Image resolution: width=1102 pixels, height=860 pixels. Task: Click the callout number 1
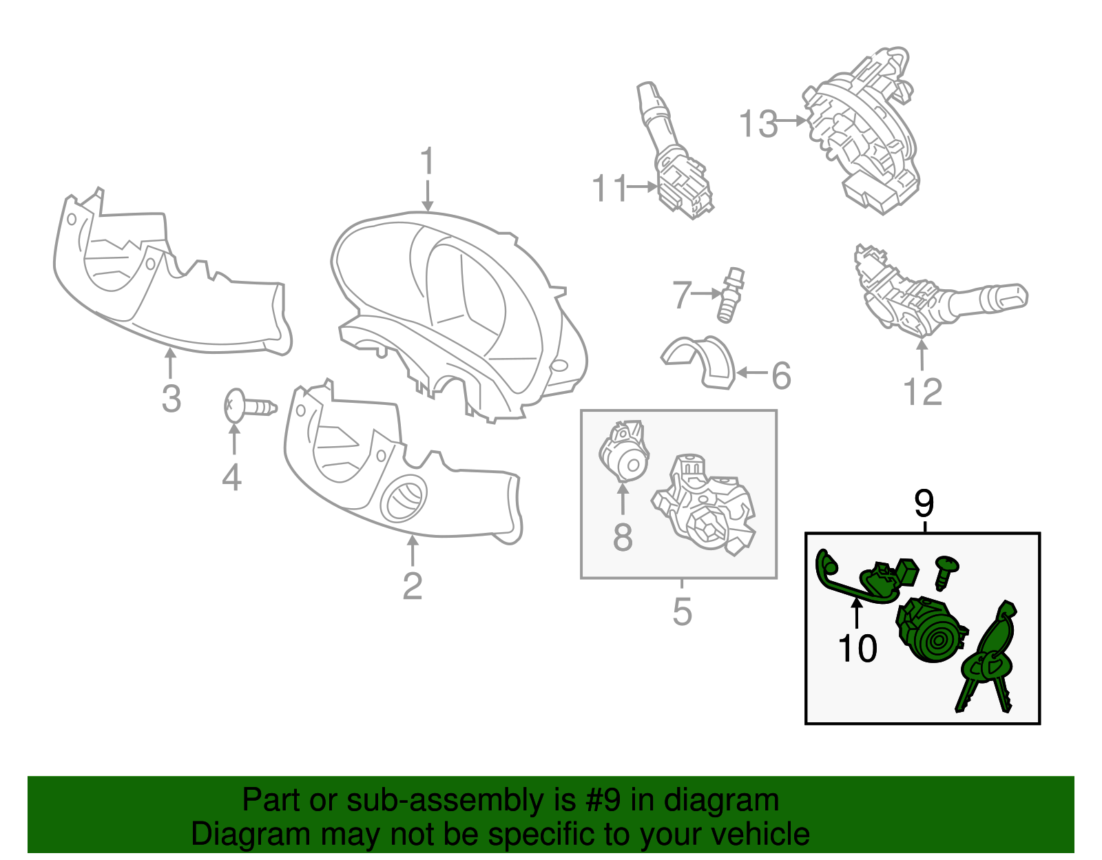(x=427, y=160)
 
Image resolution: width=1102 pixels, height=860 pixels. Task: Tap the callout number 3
(x=171, y=399)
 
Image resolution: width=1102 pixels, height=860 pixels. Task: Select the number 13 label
(x=758, y=124)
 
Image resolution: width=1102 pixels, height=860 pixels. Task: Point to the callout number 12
(x=922, y=392)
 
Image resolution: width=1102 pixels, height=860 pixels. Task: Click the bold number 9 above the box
(x=924, y=503)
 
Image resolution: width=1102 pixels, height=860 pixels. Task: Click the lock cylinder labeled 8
(x=624, y=451)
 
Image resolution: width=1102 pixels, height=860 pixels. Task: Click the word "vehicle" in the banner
(x=760, y=835)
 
